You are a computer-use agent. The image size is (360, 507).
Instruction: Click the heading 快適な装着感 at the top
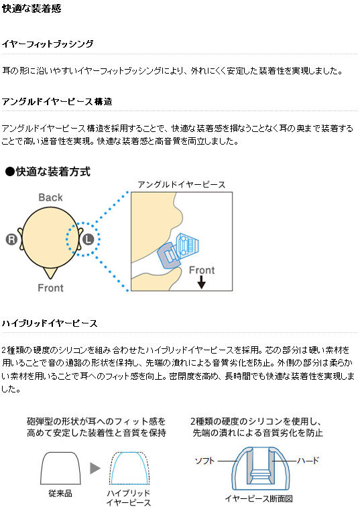pos(32,8)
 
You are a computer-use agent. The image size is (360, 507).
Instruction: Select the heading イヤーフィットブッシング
pos(48,44)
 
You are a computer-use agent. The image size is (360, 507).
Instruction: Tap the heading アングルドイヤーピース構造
pos(57,102)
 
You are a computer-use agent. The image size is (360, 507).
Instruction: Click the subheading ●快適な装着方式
pos(48,171)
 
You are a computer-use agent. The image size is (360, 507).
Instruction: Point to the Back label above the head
pos(50,197)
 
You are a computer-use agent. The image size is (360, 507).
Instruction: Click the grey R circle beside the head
pos(11,239)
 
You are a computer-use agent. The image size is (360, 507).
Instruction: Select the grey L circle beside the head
pos(88,239)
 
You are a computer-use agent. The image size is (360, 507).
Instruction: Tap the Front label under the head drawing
pos(50,288)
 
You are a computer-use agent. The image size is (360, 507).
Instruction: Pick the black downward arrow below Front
pos(201,282)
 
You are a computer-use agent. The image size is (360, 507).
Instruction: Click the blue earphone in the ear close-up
pos(178,250)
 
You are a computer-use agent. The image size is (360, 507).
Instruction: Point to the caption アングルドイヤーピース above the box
pos(181,185)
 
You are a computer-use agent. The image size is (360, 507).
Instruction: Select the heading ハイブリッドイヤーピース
pos(50,323)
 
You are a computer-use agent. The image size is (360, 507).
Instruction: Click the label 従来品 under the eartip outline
pos(60,493)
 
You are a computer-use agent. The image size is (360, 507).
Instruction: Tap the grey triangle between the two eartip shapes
pos(95,468)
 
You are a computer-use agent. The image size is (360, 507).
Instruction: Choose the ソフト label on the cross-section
pos(204,460)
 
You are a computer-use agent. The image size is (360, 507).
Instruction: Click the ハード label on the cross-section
pos(308,460)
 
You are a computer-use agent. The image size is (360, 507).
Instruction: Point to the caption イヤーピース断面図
pos(259,498)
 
